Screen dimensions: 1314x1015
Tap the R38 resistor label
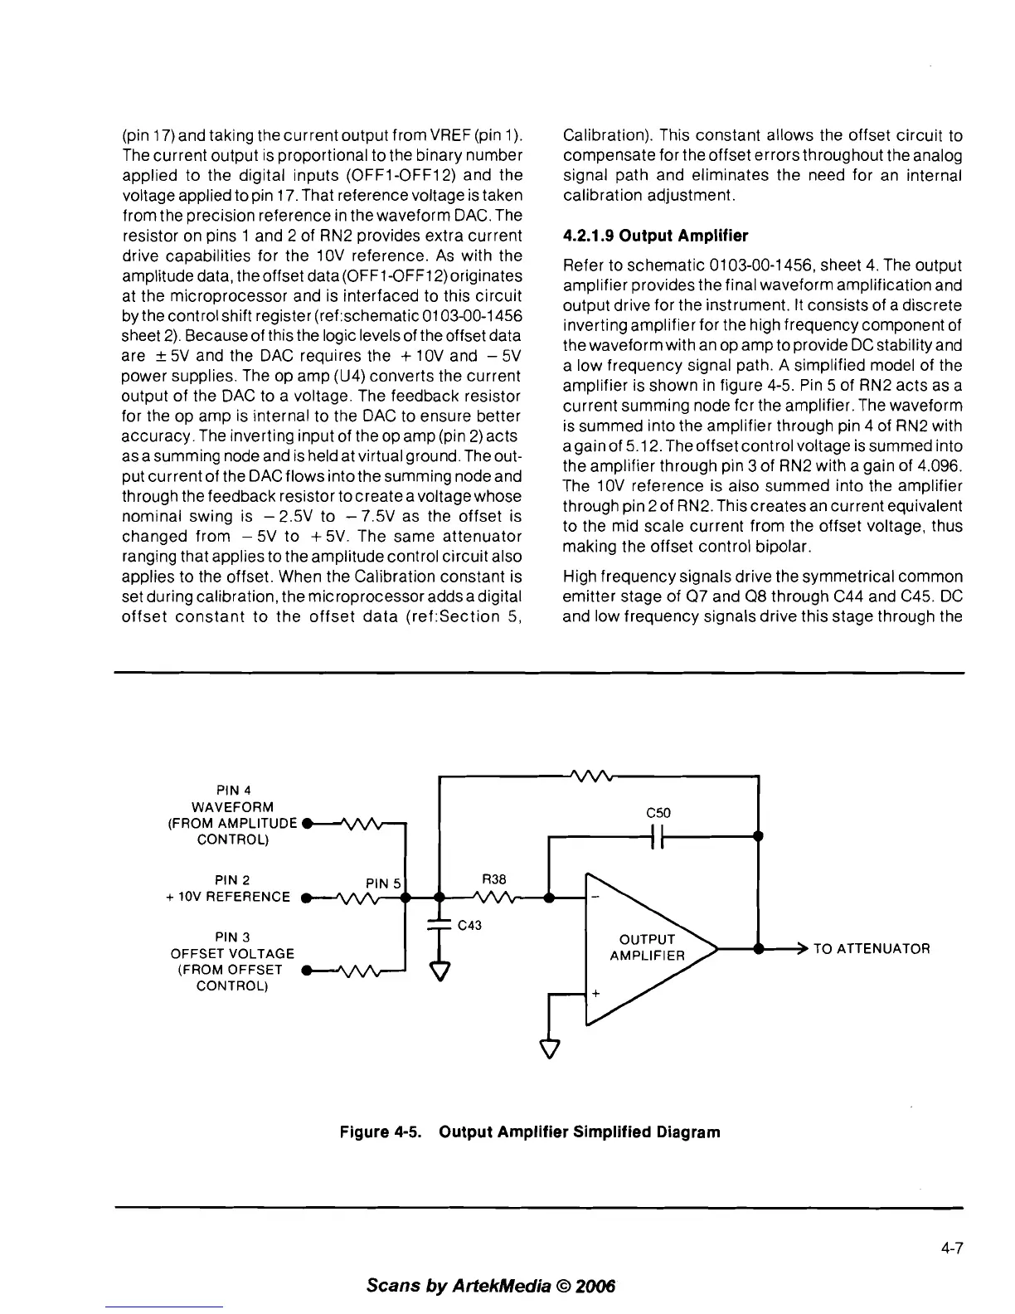click(493, 879)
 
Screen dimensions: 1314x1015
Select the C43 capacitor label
click(469, 926)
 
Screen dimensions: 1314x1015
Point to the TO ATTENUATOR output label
click(872, 948)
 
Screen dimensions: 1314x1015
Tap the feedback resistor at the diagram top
click(595, 776)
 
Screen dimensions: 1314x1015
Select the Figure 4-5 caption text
click(530, 1131)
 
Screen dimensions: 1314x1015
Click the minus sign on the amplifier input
click(595, 899)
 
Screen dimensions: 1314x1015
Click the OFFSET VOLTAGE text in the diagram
click(232, 954)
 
